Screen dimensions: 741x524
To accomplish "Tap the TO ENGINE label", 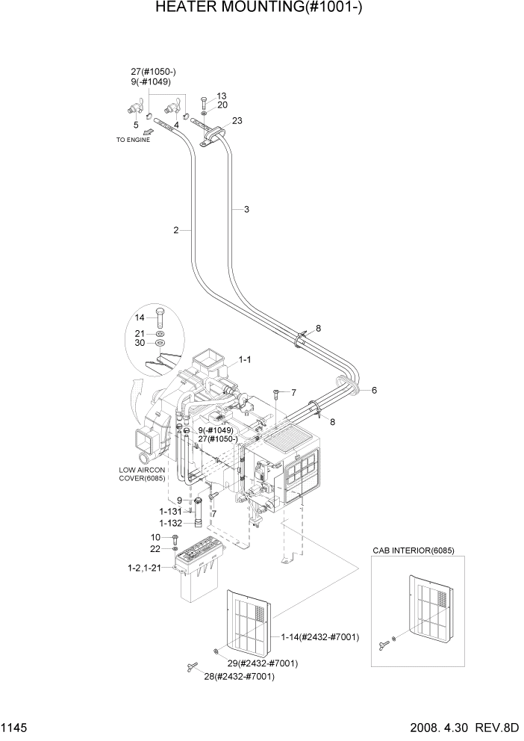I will click(132, 140).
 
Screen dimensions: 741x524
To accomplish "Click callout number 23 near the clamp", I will click(237, 120).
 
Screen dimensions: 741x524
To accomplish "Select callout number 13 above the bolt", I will click(222, 96).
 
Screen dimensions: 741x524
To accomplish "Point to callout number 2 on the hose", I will click(176, 230).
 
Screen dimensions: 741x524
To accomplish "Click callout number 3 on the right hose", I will click(246, 210).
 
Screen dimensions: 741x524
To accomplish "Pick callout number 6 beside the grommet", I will click(374, 390).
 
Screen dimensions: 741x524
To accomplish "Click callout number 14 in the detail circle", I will click(140, 317).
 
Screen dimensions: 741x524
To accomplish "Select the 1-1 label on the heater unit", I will click(244, 360).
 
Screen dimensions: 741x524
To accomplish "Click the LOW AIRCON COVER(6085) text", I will click(142, 474).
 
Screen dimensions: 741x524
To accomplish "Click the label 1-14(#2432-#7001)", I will click(319, 636).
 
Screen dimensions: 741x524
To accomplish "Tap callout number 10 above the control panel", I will click(155, 537).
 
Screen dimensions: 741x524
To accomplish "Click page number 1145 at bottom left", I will click(15, 727).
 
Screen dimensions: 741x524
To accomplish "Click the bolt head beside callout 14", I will click(160, 312).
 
